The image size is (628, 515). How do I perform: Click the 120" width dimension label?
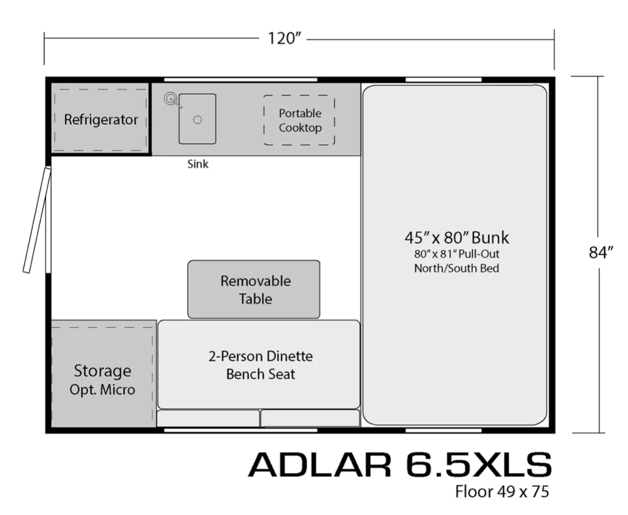tap(284, 39)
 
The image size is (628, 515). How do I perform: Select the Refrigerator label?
tap(101, 120)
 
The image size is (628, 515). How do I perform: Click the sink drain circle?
tap(197, 120)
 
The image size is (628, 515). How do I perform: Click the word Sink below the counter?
tap(198, 164)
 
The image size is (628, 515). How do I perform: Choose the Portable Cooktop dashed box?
tap(299, 120)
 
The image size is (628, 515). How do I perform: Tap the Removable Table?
tap(254, 289)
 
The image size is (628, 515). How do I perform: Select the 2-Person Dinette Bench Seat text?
tap(261, 365)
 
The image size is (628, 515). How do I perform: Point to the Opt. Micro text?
tap(102, 390)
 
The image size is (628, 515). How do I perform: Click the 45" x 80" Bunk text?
tap(457, 238)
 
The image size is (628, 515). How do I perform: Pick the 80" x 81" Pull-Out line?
tap(457, 254)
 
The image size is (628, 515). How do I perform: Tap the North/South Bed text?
tap(457, 268)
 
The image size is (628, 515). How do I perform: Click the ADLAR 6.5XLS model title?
tap(400, 464)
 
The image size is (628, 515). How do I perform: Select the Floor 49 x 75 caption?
tap(502, 492)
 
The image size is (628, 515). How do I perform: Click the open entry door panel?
tap(37, 220)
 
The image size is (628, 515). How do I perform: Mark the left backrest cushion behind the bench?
tap(208, 418)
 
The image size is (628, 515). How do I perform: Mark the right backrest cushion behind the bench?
tap(311, 418)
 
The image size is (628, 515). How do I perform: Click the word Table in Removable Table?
tap(255, 299)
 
